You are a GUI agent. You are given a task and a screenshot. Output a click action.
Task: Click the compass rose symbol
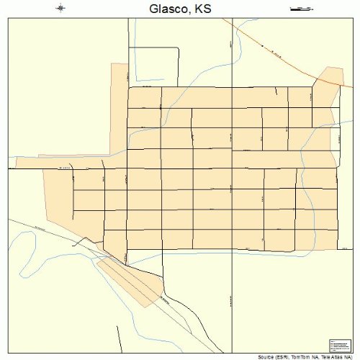point(61,9)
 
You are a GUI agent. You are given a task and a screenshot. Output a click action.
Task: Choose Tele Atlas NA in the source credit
point(336,356)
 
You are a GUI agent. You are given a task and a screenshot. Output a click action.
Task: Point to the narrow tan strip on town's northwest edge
point(119,108)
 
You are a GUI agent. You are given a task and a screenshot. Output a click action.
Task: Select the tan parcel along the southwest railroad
point(130,277)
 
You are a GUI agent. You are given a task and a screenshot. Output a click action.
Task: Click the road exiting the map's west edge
point(29,168)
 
